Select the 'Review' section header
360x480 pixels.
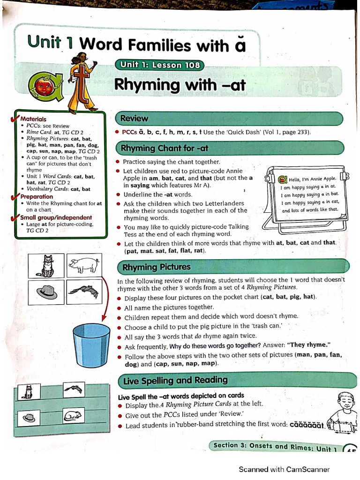(x=134, y=119)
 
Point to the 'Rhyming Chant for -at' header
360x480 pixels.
(x=165, y=149)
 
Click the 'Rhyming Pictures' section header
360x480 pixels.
(x=156, y=267)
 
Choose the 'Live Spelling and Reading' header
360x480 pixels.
(x=175, y=380)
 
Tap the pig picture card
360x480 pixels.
(x=83, y=266)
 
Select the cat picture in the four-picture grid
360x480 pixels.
(x=47, y=266)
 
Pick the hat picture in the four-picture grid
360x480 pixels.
(x=47, y=292)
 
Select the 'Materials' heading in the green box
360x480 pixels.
(x=33, y=119)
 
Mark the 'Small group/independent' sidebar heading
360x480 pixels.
(x=56, y=217)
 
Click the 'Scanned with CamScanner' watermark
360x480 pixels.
(x=284, y=469)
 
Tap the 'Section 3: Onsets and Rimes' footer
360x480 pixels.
(x=275, y=446)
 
